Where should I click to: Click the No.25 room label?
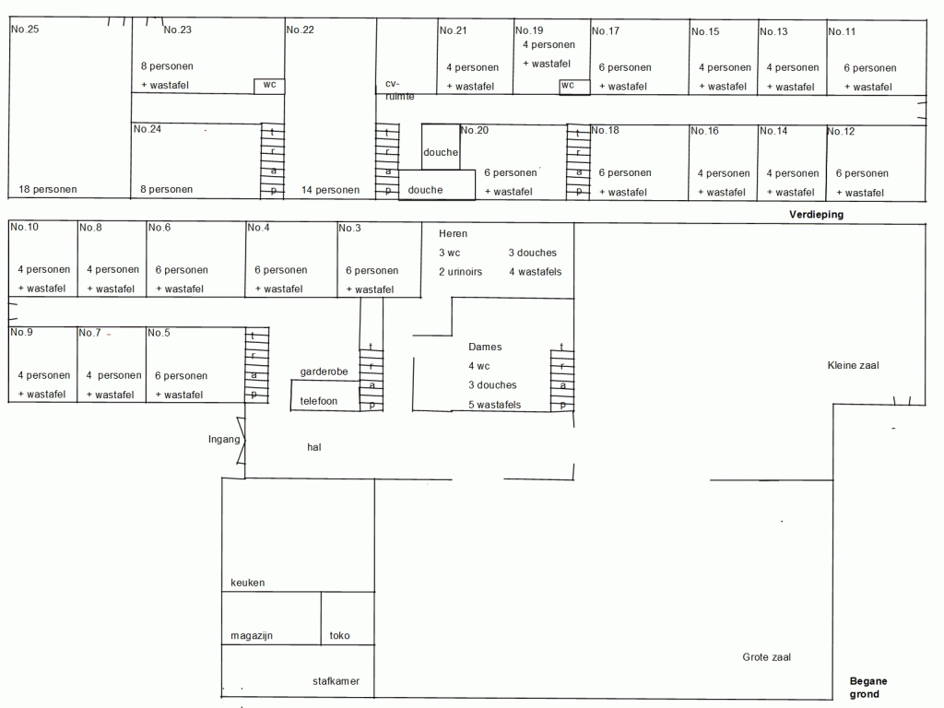(25, 29)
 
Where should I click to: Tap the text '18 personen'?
(48, 189)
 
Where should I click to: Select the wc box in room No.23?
(269, 86)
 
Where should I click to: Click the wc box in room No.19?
(573, 87)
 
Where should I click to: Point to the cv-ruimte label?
(399, 89)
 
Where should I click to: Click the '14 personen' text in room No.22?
(330, 190)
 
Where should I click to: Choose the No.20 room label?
(475, 130)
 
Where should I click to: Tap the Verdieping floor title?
(816, 214)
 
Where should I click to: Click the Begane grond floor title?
(867, 688)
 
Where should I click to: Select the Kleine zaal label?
(853, 365)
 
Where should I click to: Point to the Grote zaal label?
(766, 657)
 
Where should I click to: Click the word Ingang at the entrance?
(224, 440)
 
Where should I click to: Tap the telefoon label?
(318, 401)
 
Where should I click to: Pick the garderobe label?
(324, 372)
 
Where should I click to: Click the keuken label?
(247, 583)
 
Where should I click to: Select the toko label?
(339, 636)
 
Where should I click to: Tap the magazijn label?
(252, 636)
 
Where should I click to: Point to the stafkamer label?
(336, 681)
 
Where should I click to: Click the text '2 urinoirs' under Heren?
(460, 272)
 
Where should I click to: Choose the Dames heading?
(485, 347)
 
